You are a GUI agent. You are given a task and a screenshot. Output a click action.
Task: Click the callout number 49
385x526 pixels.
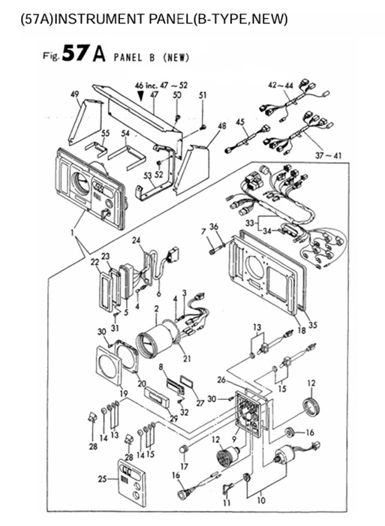click(x=74, y=95)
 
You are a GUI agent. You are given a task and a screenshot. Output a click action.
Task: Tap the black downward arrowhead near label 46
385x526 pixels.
click(x=140, y=96)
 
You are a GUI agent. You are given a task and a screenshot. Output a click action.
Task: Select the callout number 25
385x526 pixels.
click(x=102, y=479)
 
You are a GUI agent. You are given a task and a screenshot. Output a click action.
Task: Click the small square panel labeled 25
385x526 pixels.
click(x=131, y=482)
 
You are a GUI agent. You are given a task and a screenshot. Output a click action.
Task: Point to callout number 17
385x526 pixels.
click(x=185, y=466)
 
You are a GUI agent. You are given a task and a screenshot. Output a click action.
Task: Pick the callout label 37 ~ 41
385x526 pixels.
click(x=328, y=155)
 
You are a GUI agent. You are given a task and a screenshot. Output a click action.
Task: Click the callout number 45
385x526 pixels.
click(x=240, y=122)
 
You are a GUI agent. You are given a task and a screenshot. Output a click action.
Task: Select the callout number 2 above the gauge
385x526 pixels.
click(x=156, y=308)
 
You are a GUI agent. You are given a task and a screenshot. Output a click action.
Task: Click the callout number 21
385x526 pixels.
click(x=187, y=359)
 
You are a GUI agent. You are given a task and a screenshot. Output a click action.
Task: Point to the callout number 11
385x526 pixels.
click(x=227, y=503)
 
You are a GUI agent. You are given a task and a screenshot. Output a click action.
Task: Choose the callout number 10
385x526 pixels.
click(x=261, y=500)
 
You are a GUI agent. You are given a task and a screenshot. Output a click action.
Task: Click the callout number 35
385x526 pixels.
click(x=313, y=325)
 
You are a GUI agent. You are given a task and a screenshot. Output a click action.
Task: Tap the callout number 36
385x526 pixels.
click(x=214, y=227)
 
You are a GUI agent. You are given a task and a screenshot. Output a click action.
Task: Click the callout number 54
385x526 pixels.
click(x=125, y=134)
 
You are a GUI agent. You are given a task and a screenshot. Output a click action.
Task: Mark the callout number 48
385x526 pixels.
click(x=222, y=126)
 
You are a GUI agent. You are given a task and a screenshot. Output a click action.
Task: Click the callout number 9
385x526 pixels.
click(x=235, y=438)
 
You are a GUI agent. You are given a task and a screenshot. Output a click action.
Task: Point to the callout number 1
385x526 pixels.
click(x=73, y=231)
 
